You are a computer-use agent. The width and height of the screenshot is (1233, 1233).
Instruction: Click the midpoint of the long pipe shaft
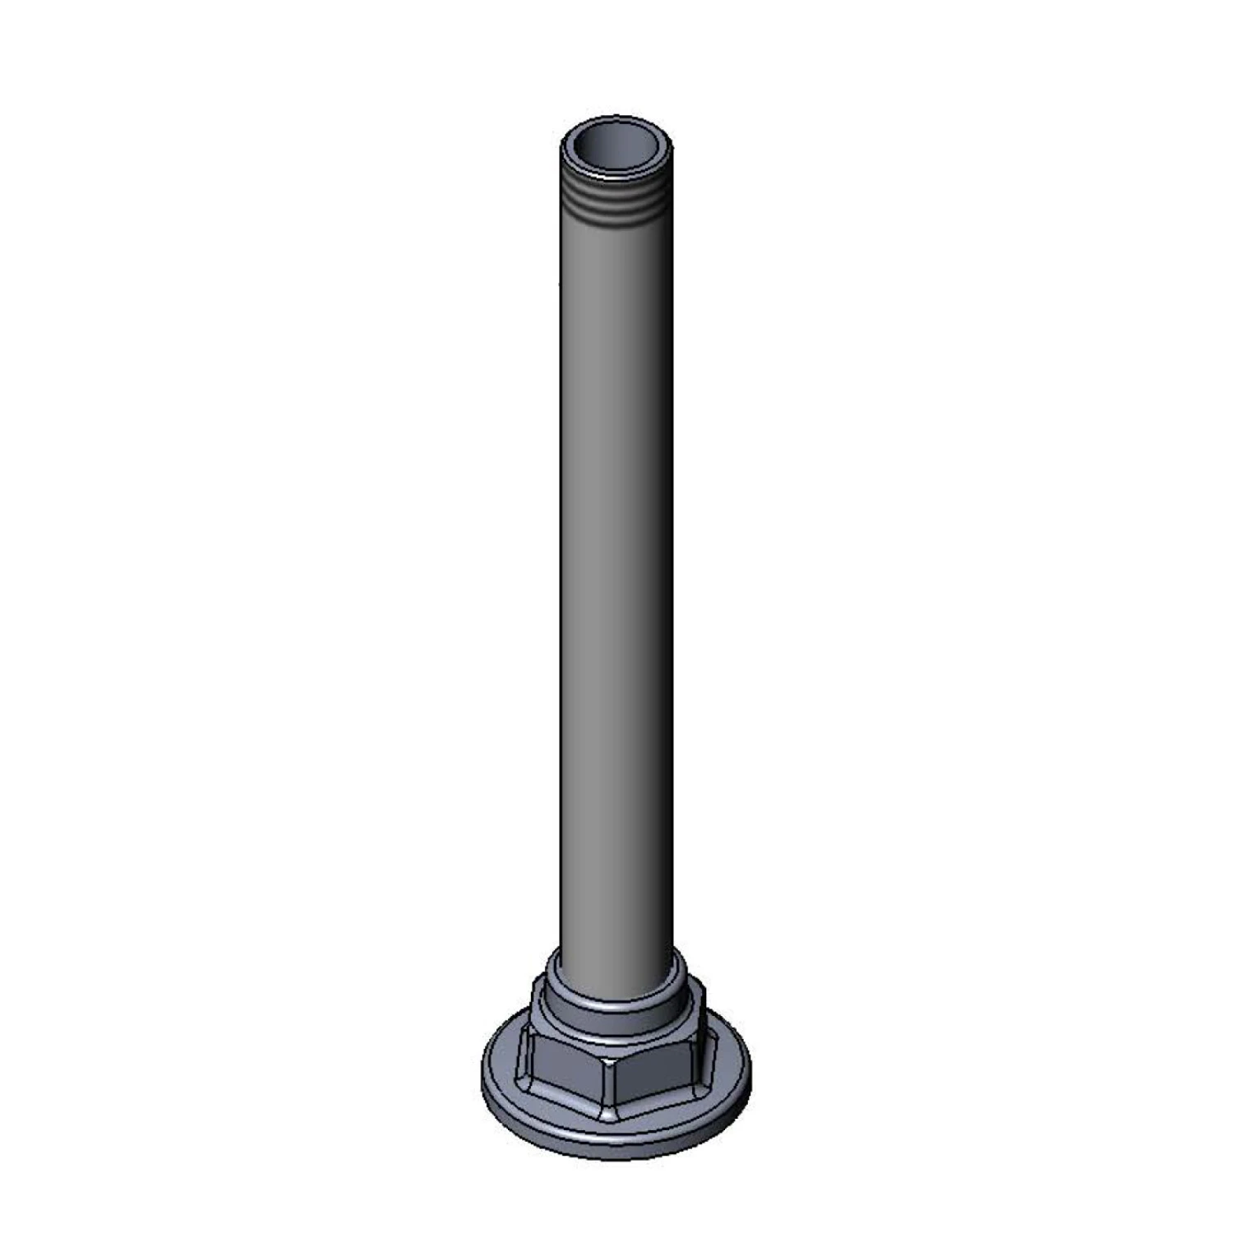point(616,575)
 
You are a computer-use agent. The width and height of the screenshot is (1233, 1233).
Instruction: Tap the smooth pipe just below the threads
point(616,247)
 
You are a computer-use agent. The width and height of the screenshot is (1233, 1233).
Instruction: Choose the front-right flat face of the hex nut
point(658,1072)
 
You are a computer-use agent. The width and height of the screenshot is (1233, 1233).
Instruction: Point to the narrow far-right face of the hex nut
point(699,1052)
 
